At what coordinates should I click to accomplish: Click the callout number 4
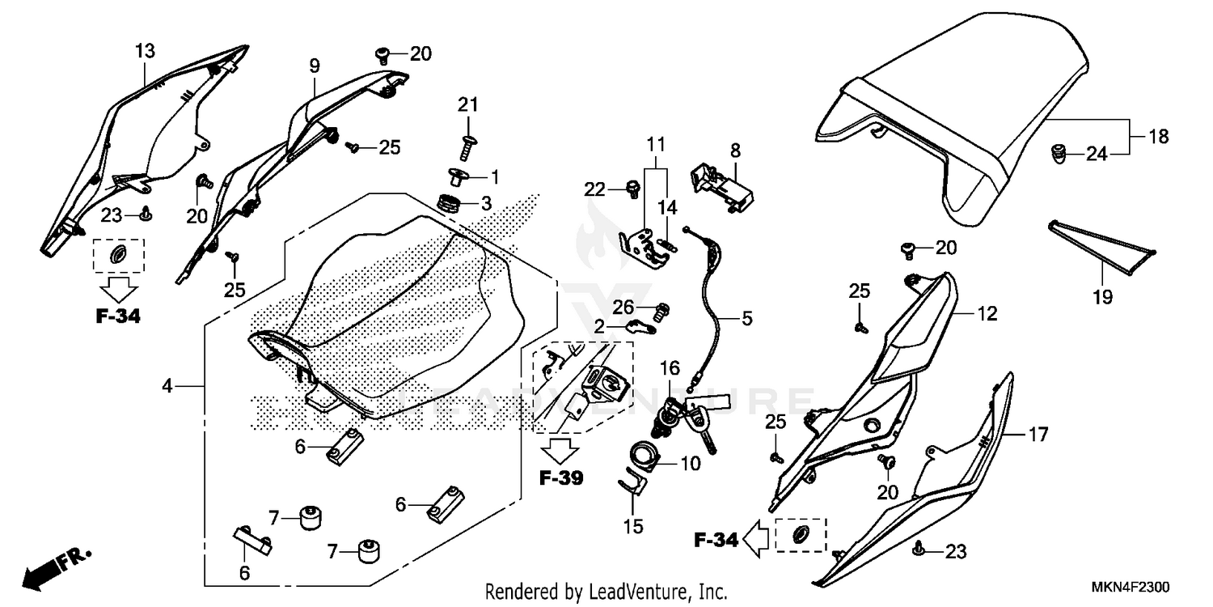click(x=167, y=387)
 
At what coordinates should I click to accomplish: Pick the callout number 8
click(x=735, y=150)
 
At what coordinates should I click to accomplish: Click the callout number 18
click(x=1159, y=137)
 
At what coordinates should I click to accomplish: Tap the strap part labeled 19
click(x=1103, y=237)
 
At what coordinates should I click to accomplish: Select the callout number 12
click(x=988, y=313)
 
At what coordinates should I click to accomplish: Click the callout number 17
click(x=1038, y=435)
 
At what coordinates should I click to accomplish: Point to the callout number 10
click(x=691, y=464)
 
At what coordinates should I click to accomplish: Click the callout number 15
click(x=634, y=527)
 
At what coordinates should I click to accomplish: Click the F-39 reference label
click(x=561, y=478)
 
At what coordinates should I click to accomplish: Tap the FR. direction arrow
click(x=57, y=568)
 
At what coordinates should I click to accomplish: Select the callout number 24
click(x=1096, y=153)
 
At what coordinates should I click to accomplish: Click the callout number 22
click(x=595, y=189)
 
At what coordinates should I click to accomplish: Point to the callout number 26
click(x=622, y=306)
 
